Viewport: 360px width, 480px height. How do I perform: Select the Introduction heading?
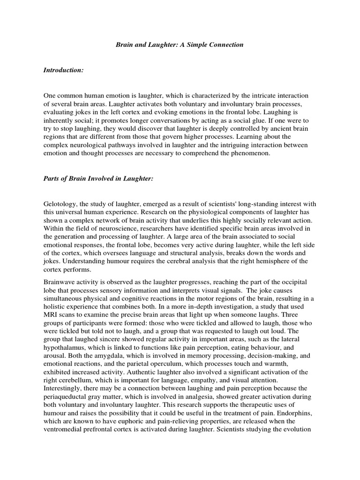[x=63, y=70]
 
